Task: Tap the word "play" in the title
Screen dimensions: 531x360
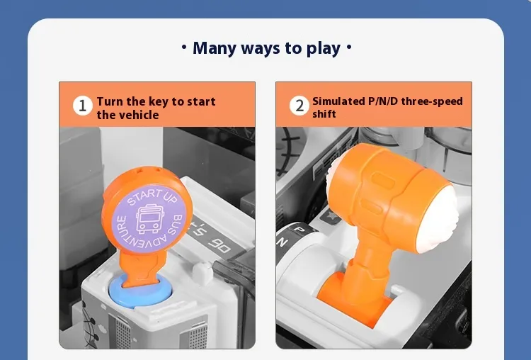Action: (x=324, y=49)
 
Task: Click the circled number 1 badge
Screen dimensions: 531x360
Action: (x=83, y=106)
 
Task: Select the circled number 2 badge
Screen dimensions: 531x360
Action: (x=299, y=106)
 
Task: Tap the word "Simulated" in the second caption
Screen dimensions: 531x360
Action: (x=338, y=101)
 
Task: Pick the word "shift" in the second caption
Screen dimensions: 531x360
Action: (x=324, y=114)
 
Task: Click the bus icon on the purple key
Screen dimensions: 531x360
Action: (x=150, y=219)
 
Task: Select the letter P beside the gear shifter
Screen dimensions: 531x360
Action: (x=299, y=230)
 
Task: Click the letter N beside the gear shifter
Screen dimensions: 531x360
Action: (x=282, y=242)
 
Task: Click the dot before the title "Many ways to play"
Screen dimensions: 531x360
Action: (x=184, y=47)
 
